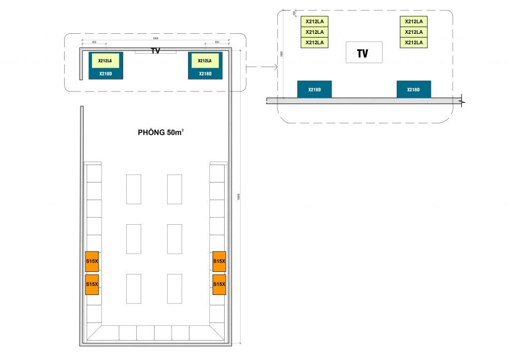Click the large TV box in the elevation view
point(364,52)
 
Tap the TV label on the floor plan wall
point(156,51)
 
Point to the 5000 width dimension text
point(155,38)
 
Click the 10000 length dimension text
point(239,196)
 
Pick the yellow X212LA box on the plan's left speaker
point(105,61)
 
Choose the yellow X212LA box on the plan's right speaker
point(205,61)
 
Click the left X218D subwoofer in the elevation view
point(314,90)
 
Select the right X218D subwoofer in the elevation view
point(414,90)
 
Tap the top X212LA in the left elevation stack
point(314,21)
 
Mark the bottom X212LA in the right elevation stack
point(414,43)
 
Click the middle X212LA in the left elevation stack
point(314,32)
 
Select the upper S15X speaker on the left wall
point(92,261)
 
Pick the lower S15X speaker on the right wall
point(219,284)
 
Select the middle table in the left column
point(133,239)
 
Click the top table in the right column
point(174,189)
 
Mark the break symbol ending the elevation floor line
point(463,100)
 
